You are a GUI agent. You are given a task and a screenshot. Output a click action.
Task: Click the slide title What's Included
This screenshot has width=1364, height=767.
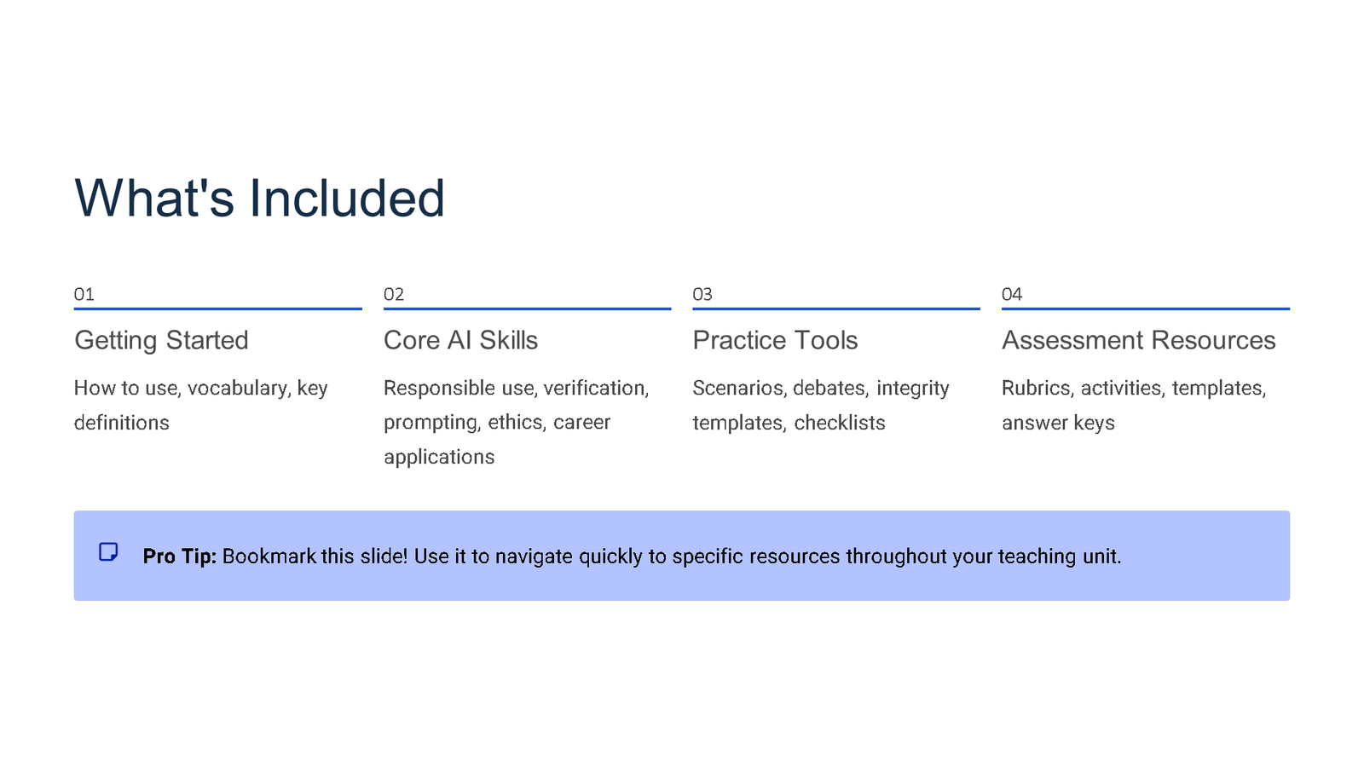(x=259, y=199)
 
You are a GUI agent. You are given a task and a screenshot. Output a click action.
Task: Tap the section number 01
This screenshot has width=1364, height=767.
(x=84, y=295)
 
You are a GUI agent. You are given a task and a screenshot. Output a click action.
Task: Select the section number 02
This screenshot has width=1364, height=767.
(x=393, y=295)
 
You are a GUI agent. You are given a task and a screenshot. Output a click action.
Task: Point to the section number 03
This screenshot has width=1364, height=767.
(x=702, y=295)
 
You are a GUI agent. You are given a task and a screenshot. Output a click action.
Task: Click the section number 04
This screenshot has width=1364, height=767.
(x=1011, y=295)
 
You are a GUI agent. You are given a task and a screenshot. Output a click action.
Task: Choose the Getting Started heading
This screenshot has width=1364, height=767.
(x=161, y=340)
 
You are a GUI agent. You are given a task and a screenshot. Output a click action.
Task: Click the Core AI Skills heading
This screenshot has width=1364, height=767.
(x=460, y=340)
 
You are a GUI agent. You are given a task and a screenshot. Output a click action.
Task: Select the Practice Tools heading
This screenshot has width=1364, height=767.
(x=775, y=340)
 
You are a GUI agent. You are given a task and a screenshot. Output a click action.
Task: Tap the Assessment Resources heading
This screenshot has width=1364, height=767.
(x=1138, y=340)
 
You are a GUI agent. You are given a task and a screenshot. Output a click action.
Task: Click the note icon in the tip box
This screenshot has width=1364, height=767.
(x=108, y=552)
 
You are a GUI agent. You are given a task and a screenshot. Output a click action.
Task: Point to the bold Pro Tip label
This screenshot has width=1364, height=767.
(x=179, y=557)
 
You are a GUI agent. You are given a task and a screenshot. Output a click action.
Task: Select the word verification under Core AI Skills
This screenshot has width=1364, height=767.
(x=595, y=389)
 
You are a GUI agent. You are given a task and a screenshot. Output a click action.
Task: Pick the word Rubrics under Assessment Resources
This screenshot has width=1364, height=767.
(x=1037, y=389)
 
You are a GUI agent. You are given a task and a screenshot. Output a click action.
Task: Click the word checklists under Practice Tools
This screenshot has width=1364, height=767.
(x=839, y=423)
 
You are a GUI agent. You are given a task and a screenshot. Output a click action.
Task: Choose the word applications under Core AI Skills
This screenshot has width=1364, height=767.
(x=439, y=457)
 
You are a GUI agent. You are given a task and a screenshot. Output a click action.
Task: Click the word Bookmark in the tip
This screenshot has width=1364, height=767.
(x=269, y=557)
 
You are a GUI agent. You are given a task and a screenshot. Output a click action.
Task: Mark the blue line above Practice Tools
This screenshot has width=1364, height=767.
(x=835, y=309)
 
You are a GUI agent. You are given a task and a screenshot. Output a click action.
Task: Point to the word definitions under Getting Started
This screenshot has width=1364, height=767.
(x=121, y=423)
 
